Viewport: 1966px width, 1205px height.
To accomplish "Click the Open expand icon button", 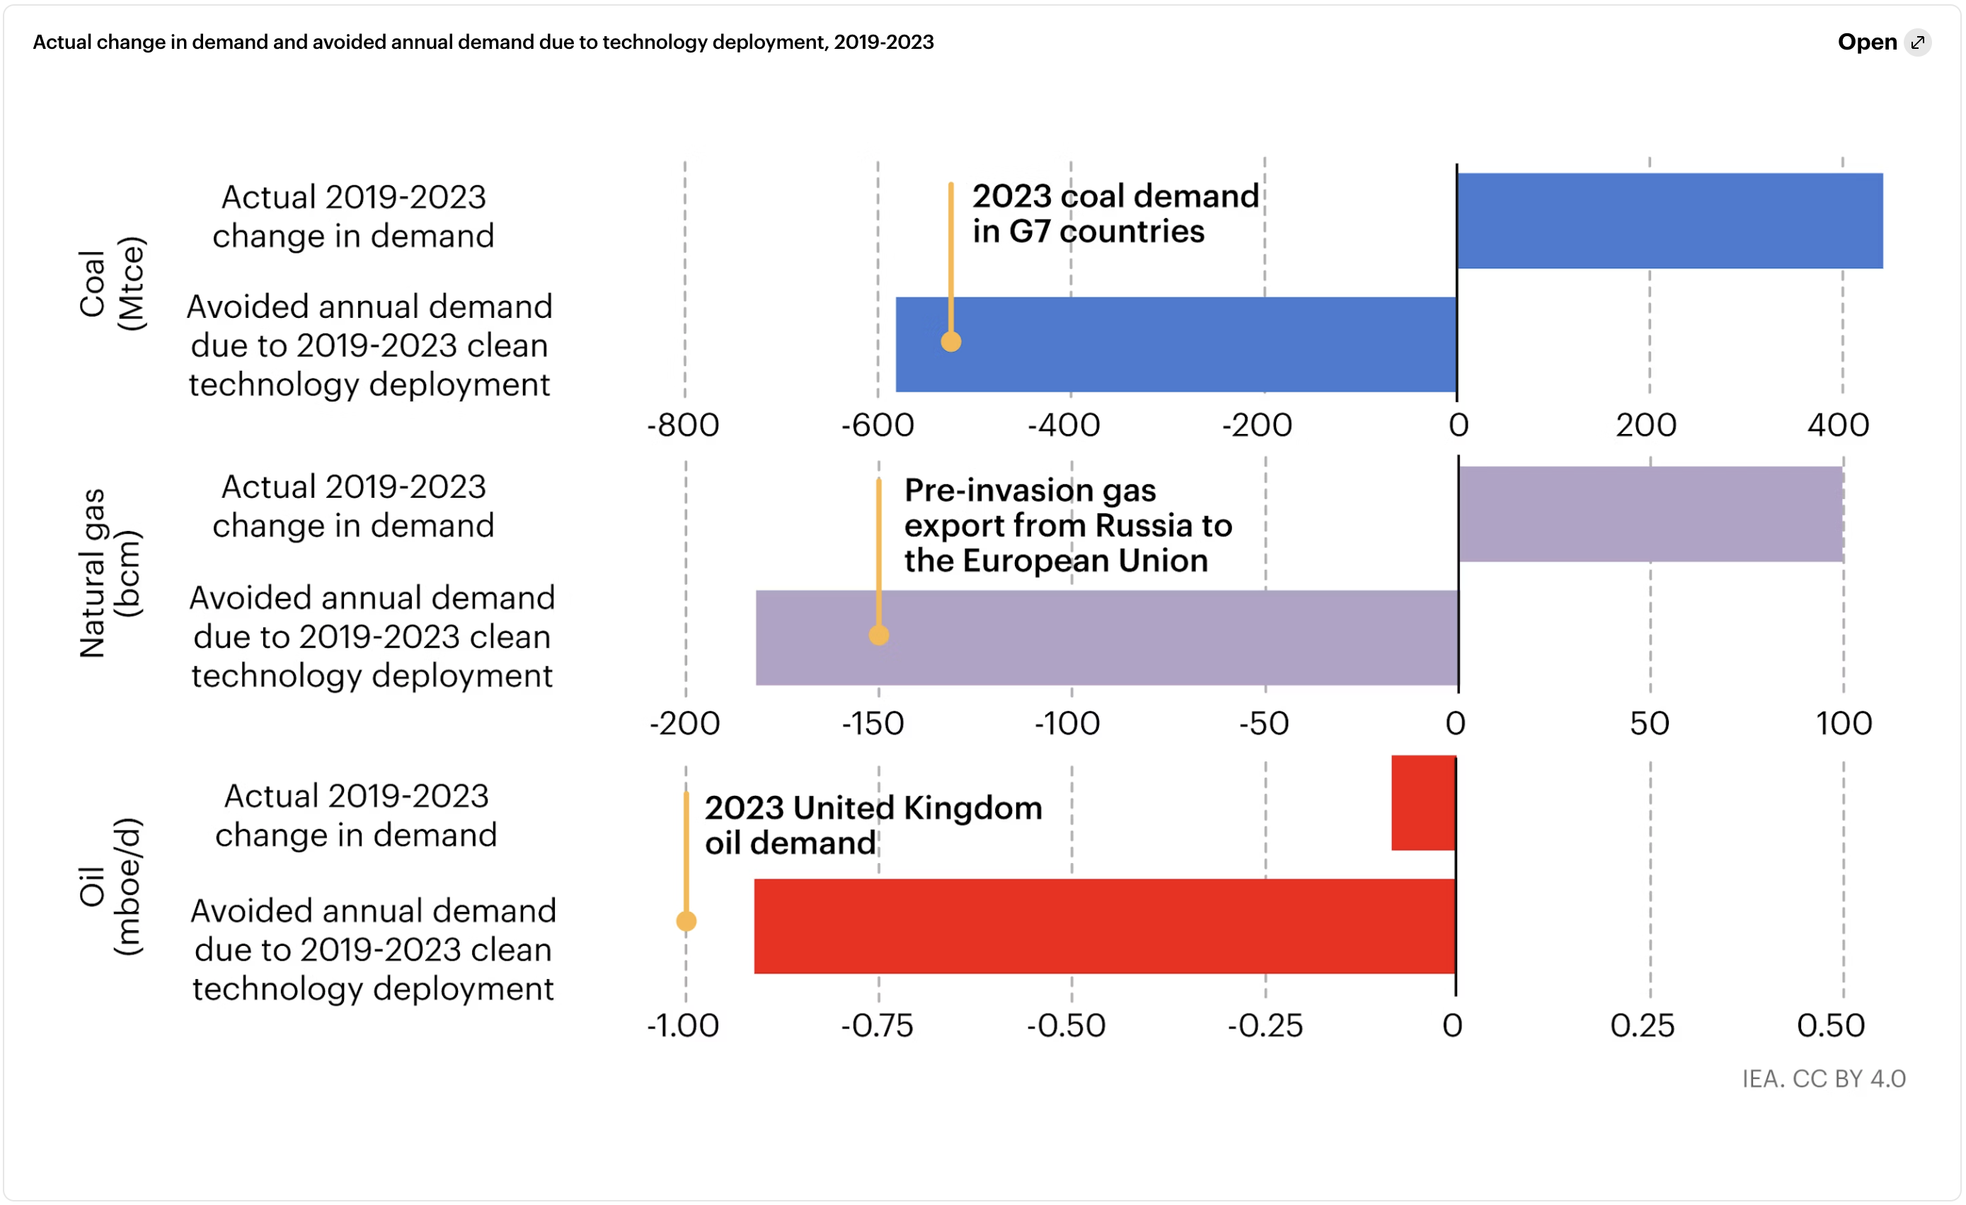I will (x=1917, y=42).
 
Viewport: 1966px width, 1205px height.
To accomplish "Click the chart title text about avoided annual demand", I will (x=483, y=42).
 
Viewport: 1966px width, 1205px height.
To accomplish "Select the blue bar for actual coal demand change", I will (x=1669, y=220).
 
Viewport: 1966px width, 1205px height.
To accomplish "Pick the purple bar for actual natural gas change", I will (x=1650, y=514).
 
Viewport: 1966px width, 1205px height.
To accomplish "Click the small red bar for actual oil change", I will (x=1423, y=803).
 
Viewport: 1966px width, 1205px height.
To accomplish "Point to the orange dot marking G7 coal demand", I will (x=950, y=341).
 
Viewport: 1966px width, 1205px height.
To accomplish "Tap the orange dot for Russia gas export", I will (x=878, y=635).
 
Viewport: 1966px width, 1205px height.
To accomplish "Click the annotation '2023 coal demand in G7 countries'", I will (x=1115, y=213).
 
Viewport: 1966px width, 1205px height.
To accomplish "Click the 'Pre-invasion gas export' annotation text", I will (x=1068, y=525).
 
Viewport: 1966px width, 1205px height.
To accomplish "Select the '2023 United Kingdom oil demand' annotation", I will (x=873, y=824).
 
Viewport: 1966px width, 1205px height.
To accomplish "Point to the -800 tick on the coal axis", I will (x=683, y=426).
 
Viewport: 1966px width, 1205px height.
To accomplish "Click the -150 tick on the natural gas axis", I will (x=873, y=724).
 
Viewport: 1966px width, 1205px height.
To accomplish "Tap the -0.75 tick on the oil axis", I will (x=877, y=1025).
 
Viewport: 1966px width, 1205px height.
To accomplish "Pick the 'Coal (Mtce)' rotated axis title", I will (x=112, y=283).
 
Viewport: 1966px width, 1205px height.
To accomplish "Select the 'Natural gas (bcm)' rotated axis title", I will (x=110, y=573).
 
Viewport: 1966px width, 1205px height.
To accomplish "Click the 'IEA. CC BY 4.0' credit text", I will (x=1823, y=1079).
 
